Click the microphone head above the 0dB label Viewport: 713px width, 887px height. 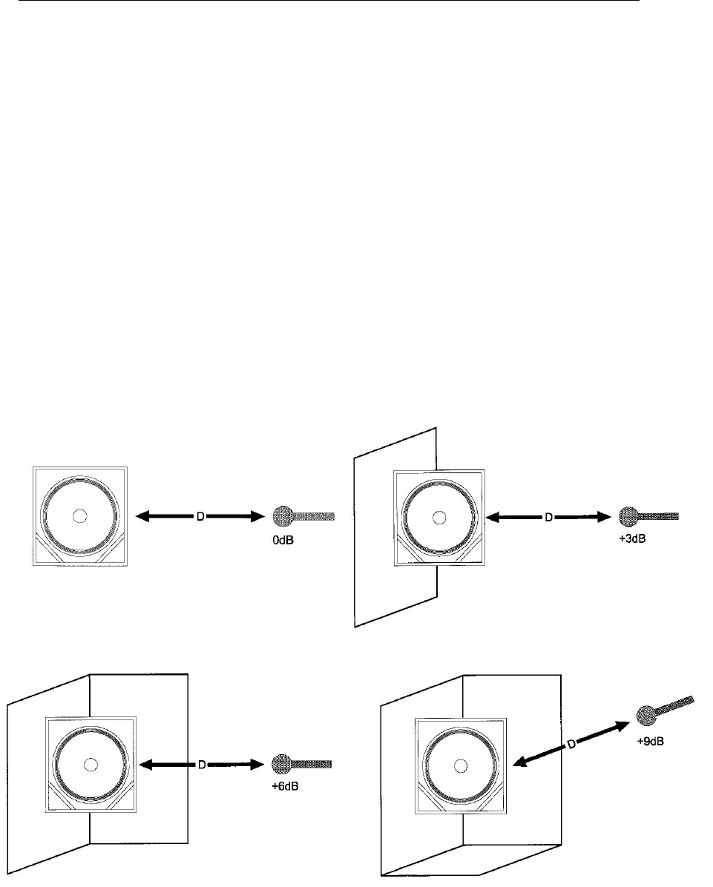coord(283,515)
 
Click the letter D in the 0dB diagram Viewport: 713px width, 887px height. coord(200,515)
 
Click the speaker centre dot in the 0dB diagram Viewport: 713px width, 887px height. coord(79,515)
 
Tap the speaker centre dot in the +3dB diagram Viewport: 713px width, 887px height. coord(439,516)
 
